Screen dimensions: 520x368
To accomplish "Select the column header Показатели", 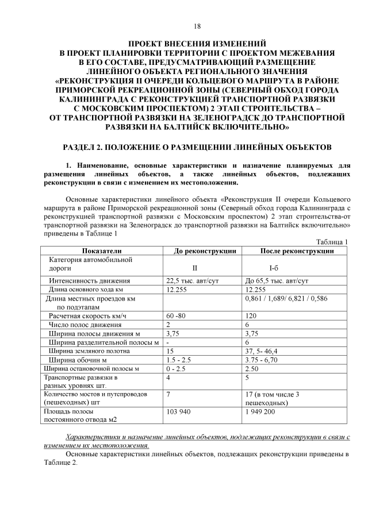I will (x=102, y=251).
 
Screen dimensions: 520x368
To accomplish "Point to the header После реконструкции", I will (x=297, y=251).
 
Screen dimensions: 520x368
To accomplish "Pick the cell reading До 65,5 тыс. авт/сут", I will (x=277, y=281).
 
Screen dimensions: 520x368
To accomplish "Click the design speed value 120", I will (x=251, y=316).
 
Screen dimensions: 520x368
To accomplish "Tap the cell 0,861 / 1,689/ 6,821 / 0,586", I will (x=286, y=299).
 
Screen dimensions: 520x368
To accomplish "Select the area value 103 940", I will (x=179, y=411).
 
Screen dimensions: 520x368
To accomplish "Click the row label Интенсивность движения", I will (x=89, y=281).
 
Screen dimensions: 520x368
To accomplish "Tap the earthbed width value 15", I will (x=170, y=350).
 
